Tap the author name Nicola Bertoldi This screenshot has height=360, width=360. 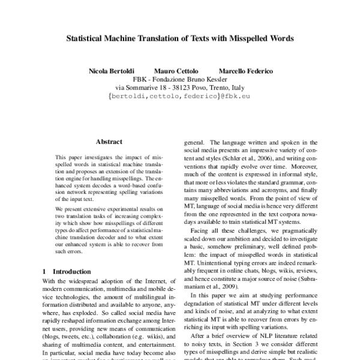[112, 71]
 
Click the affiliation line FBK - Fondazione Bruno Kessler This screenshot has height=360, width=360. [179, 79]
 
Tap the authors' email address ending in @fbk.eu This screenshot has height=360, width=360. [180, 95]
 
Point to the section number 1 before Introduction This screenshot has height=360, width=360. [44, 272]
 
